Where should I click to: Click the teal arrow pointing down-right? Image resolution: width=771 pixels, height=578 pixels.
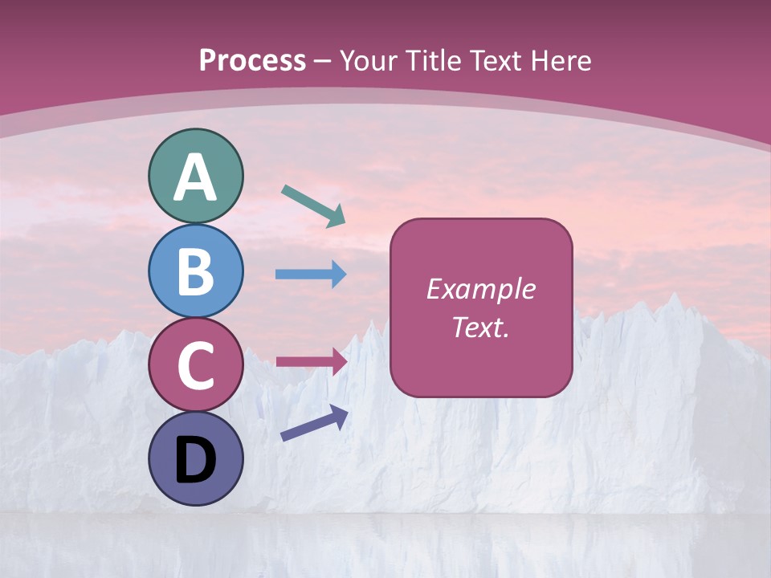click(313, 206)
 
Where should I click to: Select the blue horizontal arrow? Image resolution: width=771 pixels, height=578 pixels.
click(311, 274)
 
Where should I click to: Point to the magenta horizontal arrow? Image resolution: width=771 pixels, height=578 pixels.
click(311, 360)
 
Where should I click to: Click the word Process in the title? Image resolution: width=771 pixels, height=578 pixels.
click(252, 60)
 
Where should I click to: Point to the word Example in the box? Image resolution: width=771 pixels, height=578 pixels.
click(480, 289)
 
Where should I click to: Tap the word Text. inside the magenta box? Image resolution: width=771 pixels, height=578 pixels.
click(480, 328)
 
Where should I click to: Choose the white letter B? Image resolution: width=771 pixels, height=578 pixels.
click(195, 271)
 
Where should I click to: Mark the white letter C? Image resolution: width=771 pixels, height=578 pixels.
click(195, 365)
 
